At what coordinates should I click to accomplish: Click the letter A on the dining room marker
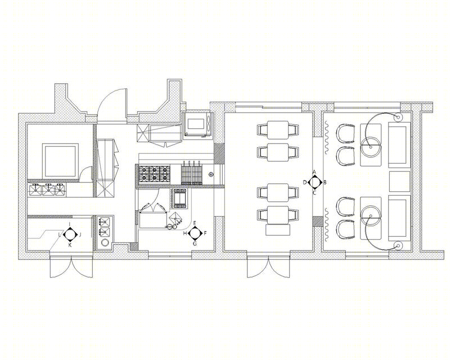[314, 172]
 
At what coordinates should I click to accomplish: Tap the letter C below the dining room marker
[314, 193]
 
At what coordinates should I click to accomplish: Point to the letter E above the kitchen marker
[195, 223]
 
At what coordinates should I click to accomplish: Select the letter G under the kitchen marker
[195, 244]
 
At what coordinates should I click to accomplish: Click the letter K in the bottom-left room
[69, 245]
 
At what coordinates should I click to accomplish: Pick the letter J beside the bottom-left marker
[80, 235]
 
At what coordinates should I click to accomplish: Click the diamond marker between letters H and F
[195, 233]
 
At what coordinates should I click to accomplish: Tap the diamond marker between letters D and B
[314, 182]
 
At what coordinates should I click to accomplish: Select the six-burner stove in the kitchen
[154, 173]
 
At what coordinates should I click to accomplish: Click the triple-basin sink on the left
[47, 190]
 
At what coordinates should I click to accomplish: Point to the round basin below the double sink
[105, 242]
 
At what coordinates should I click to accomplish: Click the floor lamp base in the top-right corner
[398, 118]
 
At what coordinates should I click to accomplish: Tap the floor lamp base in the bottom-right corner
[398, 245]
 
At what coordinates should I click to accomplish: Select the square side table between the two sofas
[400, 182]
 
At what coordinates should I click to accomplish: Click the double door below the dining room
[269, 267]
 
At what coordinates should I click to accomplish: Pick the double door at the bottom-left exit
[71, 267]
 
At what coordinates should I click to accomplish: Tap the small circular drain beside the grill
[211, 174]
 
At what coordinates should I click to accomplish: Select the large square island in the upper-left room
[60, 161]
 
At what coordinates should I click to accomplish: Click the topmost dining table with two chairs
[278, 128]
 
